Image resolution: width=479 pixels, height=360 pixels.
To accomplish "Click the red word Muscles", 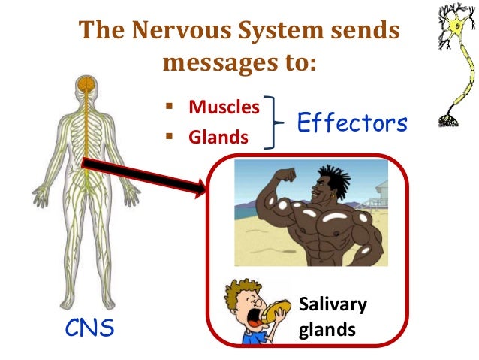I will tap(224, 107).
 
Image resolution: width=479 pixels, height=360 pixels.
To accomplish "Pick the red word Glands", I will tap(218, 138).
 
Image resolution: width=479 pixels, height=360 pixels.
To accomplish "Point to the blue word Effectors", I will tap(352, 123).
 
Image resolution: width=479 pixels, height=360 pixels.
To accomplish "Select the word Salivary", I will tap(333, 305).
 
